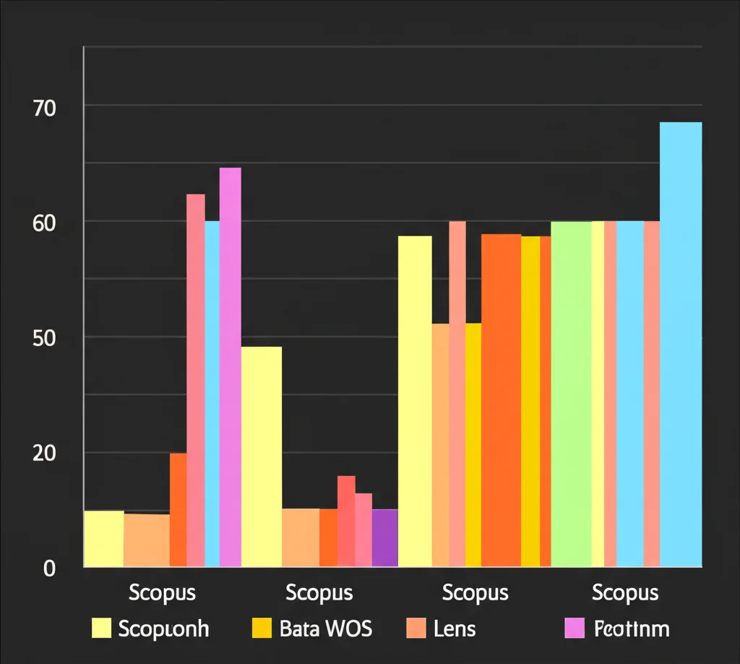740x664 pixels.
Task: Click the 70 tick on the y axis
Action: [x=44, y=108]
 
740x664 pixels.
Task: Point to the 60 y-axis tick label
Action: [x=44, y=224]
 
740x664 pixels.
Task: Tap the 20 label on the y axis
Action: [x=44, y=454]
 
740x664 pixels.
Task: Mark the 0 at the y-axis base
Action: [x=49, y=569]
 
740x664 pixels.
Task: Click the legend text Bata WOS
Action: [x=325, y=629]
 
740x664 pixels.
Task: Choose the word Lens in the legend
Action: [x=455, y=629]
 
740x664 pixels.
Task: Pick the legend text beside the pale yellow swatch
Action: [x=163, y=629]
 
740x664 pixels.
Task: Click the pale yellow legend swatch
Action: [x=102, y=629]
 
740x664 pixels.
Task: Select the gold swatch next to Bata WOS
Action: [x=261, y=629]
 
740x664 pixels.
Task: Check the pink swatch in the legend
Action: [x=573, y=629]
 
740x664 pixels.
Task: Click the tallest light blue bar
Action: [x=681, y=344]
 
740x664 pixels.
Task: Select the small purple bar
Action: [x=384, y=537]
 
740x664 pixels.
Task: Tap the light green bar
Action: [x=571, y=393]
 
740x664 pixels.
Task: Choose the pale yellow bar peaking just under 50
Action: [x=262, y=456]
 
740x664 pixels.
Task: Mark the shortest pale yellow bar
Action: [x=104, y=538]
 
